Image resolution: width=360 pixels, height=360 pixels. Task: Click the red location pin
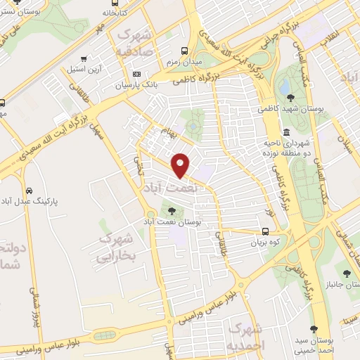[181, 165]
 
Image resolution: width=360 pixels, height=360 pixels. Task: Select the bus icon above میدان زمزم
[184, 51]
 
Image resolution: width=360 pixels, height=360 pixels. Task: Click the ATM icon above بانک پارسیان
[136, 74]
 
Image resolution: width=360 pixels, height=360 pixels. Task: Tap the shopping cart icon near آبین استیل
[85, 59]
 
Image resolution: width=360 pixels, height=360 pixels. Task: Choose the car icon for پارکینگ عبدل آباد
[29, 191]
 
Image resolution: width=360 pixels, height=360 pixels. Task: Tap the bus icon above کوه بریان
[265, 232]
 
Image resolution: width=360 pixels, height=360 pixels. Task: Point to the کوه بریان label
[265, 243]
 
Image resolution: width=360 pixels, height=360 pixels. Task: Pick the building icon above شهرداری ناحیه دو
[286, 133]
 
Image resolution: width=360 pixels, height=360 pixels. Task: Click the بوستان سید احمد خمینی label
[315, 340]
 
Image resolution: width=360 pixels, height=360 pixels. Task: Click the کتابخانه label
[116, 13]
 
